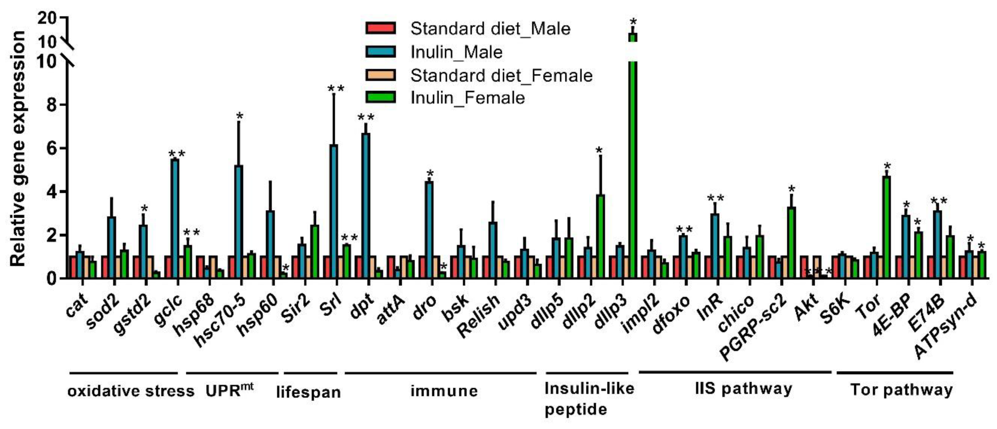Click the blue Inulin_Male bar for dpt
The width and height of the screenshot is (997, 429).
coord(366,205)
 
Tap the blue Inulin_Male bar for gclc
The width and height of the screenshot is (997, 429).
coord(175,219)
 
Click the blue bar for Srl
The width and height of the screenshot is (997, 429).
coord(334,211)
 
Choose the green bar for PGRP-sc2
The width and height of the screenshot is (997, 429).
coord(791,242)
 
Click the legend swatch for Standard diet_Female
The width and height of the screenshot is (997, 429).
coord(381,75)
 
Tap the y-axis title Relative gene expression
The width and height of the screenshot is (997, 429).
coord(17,149)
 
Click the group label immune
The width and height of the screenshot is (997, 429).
coord(444,391)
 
